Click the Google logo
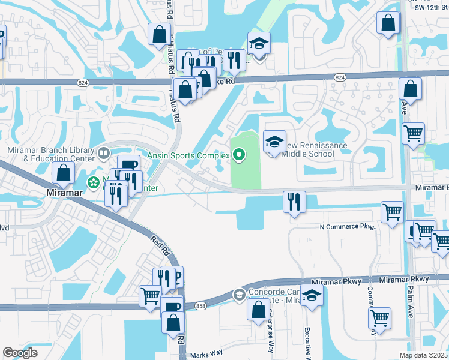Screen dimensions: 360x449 click(20, 353)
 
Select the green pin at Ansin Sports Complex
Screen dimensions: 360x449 click(239, 156)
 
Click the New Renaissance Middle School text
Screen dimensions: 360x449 click(316, 149)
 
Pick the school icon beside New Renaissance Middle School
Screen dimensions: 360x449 click(274, 142)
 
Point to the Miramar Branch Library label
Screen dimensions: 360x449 click(50, 154)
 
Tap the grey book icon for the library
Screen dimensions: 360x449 click(104, 154)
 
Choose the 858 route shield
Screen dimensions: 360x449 click(199, 307)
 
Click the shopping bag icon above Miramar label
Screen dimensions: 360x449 click(64, 173)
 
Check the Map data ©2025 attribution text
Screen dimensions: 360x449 click(423, 355)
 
